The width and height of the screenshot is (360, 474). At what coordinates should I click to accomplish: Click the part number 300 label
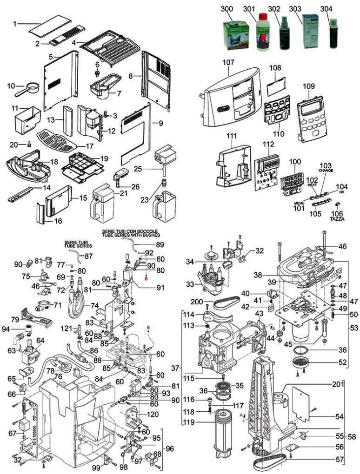pos(227,8)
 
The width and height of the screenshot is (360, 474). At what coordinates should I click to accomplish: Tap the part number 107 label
pos(228,61)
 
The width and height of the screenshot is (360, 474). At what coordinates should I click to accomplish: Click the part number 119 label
pos(189,422)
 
